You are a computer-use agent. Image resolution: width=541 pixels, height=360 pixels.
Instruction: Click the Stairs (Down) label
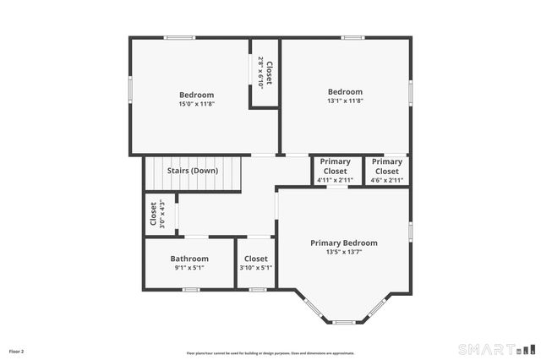192,171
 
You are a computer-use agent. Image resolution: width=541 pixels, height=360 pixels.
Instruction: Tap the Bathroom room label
189,259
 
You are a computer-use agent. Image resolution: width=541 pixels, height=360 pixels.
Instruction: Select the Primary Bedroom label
343,243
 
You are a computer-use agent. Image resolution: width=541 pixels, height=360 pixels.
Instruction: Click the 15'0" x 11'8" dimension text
196,104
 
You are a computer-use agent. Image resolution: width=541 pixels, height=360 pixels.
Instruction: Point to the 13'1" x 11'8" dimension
345,101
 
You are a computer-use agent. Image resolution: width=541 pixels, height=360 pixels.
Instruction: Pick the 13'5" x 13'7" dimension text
343,252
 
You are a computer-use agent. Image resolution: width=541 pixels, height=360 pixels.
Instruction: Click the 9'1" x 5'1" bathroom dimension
189,268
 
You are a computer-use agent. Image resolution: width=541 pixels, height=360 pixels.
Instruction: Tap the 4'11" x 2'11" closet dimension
335,180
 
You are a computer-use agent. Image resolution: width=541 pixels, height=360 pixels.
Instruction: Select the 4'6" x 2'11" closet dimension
387,180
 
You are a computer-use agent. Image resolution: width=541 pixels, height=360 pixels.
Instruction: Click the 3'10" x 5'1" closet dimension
255,268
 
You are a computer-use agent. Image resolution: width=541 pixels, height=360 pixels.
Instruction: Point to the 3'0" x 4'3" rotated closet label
161,215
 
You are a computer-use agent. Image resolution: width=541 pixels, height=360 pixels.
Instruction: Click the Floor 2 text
17,351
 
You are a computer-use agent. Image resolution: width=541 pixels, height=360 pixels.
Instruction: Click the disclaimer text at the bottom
270,353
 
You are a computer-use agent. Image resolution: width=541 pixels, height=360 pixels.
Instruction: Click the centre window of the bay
343,322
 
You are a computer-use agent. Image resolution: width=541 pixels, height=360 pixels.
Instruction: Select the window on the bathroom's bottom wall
191,290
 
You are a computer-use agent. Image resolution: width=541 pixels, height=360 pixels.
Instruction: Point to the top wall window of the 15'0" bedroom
179,37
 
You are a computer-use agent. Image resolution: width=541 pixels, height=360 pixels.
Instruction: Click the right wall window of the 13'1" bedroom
410,91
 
